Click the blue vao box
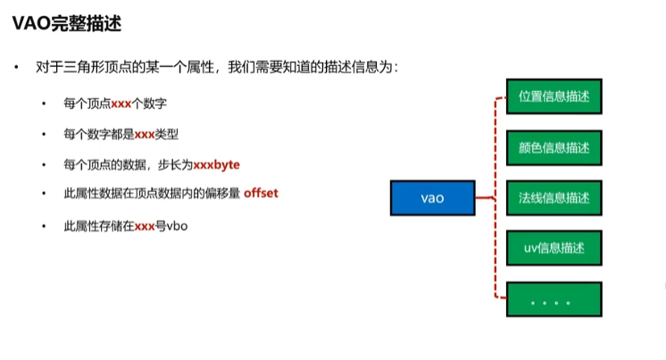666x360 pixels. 432,197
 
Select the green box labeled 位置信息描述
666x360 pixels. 554,96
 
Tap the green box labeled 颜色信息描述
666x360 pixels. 554,147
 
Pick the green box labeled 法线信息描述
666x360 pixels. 554,197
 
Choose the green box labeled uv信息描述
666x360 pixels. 554,247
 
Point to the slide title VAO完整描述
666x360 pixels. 67,24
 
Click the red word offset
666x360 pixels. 262,193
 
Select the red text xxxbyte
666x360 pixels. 216,165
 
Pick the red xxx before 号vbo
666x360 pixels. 145,227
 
